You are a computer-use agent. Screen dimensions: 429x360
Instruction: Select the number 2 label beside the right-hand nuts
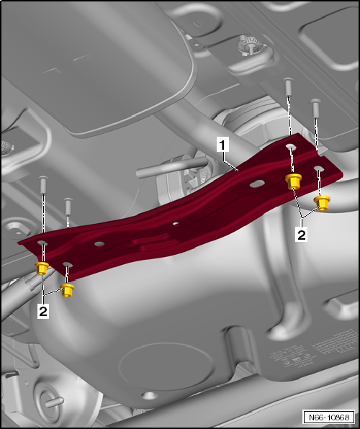pyautogui.click(x=302, y=234)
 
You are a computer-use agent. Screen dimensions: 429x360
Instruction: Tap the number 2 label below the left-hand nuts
pyautogui.click(x=44, y=312)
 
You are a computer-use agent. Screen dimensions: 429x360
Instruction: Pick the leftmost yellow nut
pyautogui.click(x=42, y=269)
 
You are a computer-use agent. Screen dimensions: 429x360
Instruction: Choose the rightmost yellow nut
pyautogui.click(x=323, y=202)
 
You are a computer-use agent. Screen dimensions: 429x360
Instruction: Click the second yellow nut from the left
pyautogui.click(x=68, y=290)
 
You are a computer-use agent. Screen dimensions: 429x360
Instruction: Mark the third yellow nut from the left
pyautogui.click(x=293, y=180)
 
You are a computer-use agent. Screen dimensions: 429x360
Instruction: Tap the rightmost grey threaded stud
pyautogui.click(x=315, y=108)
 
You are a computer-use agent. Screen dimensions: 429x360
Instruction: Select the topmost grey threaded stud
pyautogui.click(x=288, y=87)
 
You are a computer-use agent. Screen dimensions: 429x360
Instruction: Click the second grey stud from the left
pyautogui.click(x=68, y=207)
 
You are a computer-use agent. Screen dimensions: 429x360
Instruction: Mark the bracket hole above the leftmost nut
pyautogui.click(x=42, y=244)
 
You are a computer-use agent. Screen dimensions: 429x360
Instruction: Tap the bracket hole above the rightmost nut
pyautogui.click(x=319, y=169)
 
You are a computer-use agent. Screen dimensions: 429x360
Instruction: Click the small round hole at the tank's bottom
pyautogui.click(x=148, y=395)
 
